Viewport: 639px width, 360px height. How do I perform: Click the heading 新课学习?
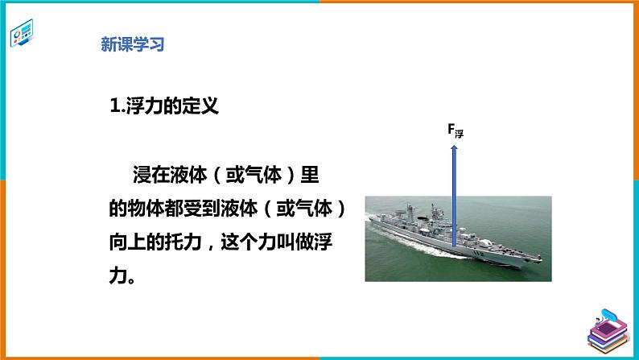(132, 45)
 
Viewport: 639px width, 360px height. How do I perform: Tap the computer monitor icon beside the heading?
(23, 36)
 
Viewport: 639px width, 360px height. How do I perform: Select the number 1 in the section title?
(113, 105)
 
